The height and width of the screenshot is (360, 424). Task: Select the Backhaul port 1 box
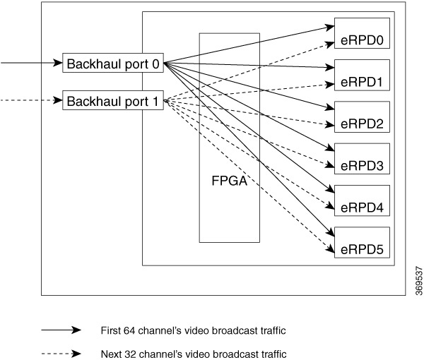point(114,101)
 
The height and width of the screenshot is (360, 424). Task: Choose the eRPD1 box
point(361,75)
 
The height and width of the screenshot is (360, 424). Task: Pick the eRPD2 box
point(361,116)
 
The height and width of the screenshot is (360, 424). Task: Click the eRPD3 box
point(361,158)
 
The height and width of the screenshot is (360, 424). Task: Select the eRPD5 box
point(361,241)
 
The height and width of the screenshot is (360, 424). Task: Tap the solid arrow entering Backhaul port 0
point(32,63)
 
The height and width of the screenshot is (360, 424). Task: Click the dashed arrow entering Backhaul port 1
point(32,101)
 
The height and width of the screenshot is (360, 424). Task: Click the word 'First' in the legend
point(113,330)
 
